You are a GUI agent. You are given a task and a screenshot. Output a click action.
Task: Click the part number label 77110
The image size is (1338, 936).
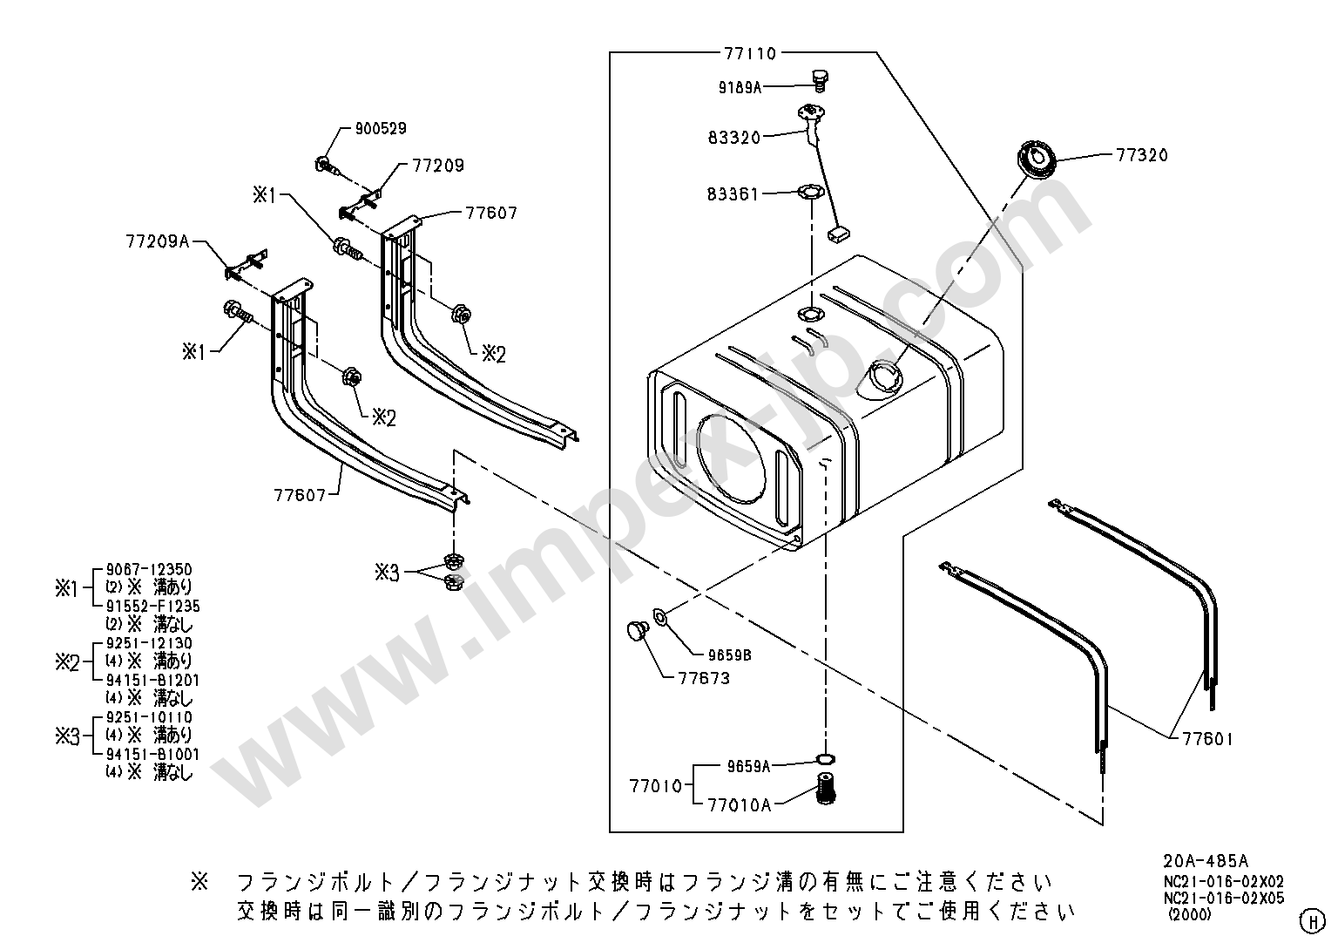pos(749,53)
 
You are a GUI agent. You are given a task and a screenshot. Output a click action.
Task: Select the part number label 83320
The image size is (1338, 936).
pos(733,137)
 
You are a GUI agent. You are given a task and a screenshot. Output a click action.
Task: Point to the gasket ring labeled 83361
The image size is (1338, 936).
pos(810,191)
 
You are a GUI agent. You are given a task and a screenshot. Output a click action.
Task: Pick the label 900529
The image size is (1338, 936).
pos(380,129)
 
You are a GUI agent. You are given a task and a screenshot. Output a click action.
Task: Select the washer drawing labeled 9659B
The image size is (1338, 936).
pos(659,618)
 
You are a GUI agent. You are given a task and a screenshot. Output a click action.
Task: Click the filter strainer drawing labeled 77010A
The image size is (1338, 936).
pos(824,790)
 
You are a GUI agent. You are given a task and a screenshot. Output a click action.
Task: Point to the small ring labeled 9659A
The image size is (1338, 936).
pos(824,759)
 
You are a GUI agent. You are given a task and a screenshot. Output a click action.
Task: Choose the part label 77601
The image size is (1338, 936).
pos(1207,740)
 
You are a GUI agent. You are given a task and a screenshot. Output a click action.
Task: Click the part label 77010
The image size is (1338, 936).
pos(655,785)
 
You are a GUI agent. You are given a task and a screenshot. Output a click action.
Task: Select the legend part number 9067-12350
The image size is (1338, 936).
pos(148,570)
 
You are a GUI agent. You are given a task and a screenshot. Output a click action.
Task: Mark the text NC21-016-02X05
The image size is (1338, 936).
pos(1223,899)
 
